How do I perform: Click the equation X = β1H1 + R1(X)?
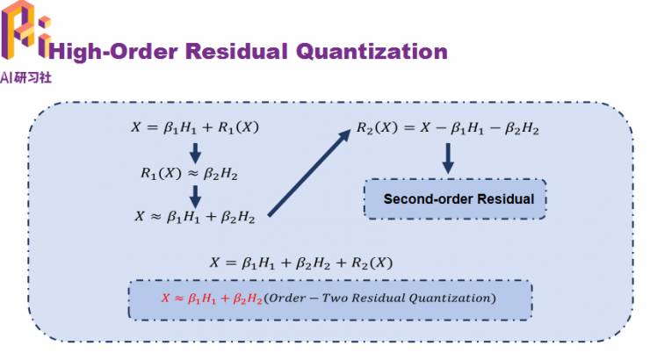click(195, 128)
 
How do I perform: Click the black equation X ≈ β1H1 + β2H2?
click(194, 216)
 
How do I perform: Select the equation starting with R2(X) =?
click(447, 128)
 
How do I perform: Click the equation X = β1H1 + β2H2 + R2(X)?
click(300, 263)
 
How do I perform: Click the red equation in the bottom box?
click(213, 299)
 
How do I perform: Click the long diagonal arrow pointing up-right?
click(307, 172)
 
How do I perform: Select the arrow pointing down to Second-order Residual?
click(447, 158)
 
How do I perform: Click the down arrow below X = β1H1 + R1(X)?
click(195, 150)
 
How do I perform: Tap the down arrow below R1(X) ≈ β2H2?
click(195, 194)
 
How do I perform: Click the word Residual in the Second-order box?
click(505, 198)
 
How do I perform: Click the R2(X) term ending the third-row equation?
click(369, 263)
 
